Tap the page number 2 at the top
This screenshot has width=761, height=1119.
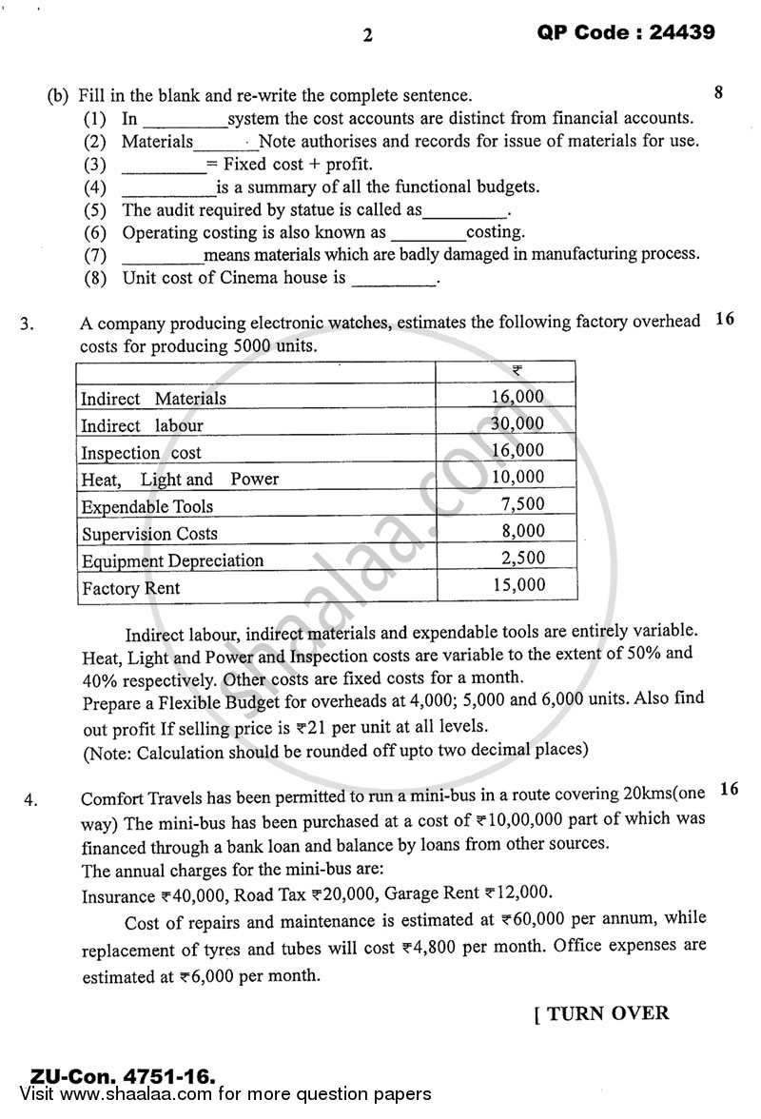point(368,36)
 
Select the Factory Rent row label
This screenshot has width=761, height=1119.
point(130,588)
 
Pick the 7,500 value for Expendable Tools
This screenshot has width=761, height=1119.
point(522,504)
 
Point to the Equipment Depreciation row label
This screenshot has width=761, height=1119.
point(172,560)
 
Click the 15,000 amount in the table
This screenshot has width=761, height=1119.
point(518,585)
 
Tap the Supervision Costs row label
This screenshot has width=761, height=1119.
point(149,534)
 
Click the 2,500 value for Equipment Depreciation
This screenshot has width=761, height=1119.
point(522,558)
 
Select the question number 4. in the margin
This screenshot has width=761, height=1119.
point(30,799)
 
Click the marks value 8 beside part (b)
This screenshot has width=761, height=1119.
point(718,93)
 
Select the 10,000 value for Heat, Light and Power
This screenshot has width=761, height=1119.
point(518,477)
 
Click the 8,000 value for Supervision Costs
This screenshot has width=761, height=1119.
point(522,531)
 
